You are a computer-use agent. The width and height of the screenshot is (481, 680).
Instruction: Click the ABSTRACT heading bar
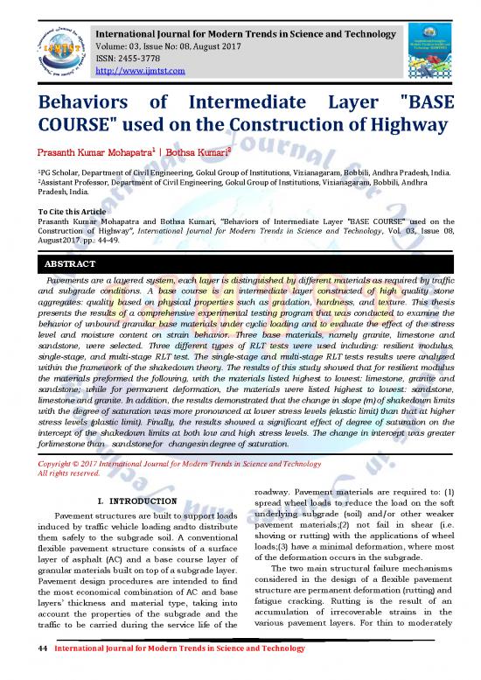click(x=240, y=263)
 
